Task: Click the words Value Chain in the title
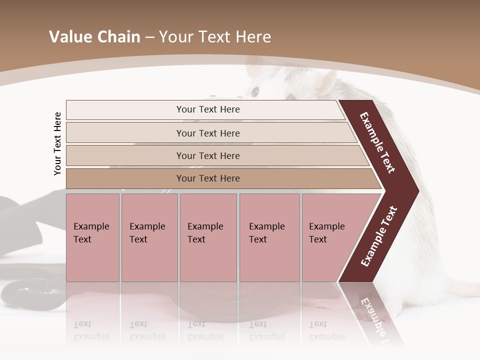pyautogui.click(x=94, y=37)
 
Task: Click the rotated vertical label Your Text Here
pyautogui.click(x=57, y=143)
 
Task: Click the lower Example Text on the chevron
pyautogui.click(x=379, y=236)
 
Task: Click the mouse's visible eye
pyautogui.click(x=255, y=91)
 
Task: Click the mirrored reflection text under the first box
pyautogui.click(x=91, y=330)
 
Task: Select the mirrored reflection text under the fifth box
pyautogui.click(x=326, y=330)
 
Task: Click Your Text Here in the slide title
pyautogui.click(x=215, y=37)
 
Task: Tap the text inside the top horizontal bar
pyautogui.click(x=208, y=109)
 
